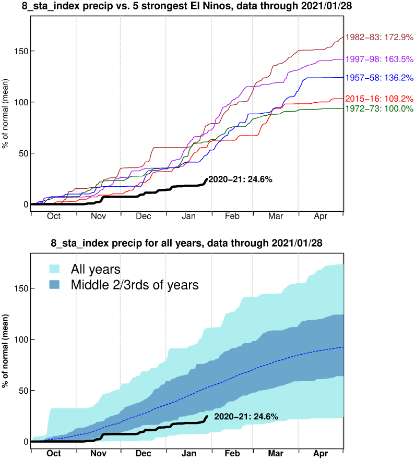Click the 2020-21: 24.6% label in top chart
click(x=241, y=179)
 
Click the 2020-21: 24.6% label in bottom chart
click(x=246, y=416)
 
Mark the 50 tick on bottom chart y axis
click(x=21, y=390)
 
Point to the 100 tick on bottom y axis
click(x=19, y=339)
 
